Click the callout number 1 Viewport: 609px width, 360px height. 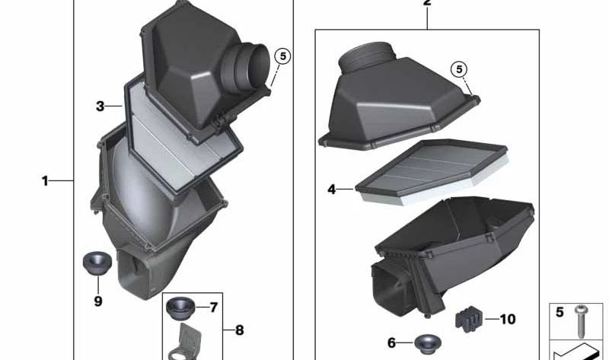45,180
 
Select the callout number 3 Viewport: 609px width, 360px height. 100,106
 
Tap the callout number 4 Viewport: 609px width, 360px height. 331,190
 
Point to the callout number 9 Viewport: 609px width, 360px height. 98,301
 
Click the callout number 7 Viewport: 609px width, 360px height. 214,307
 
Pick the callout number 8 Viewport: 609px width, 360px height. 240,330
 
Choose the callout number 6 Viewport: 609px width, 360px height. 391,343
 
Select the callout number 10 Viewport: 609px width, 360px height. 508,319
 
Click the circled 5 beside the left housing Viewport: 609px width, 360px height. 282,56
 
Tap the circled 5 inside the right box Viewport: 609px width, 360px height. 459,69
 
